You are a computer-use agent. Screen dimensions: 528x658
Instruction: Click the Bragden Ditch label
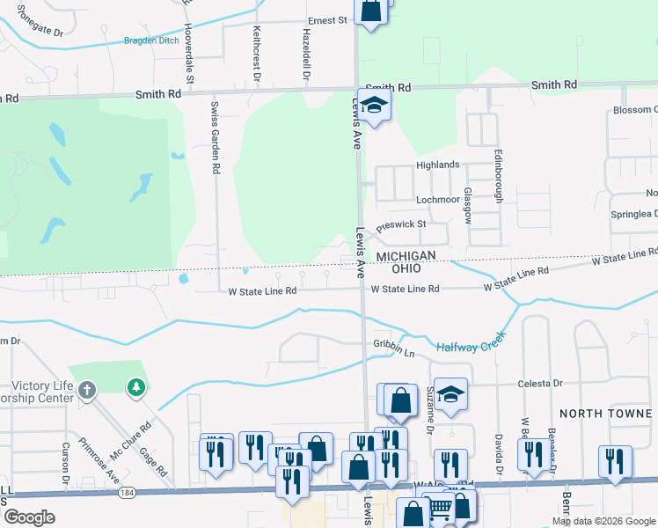click(x=150, y=40)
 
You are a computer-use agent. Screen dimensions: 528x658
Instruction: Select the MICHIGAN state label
click(x=406, y=255)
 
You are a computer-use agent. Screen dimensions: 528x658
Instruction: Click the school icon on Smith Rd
click(x=374, y=106)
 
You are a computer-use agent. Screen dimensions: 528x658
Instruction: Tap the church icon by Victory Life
click(x=86, y=389)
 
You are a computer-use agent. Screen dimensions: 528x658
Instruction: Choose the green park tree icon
click(x=135, y=387)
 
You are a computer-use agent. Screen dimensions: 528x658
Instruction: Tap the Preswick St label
click(x=401, y=225)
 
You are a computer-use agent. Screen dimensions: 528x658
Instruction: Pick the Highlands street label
click(x=438, y=165)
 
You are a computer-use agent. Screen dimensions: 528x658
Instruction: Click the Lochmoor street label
click(x=437, y=199)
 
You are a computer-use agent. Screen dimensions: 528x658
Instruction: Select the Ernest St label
click(x=327, y=19)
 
